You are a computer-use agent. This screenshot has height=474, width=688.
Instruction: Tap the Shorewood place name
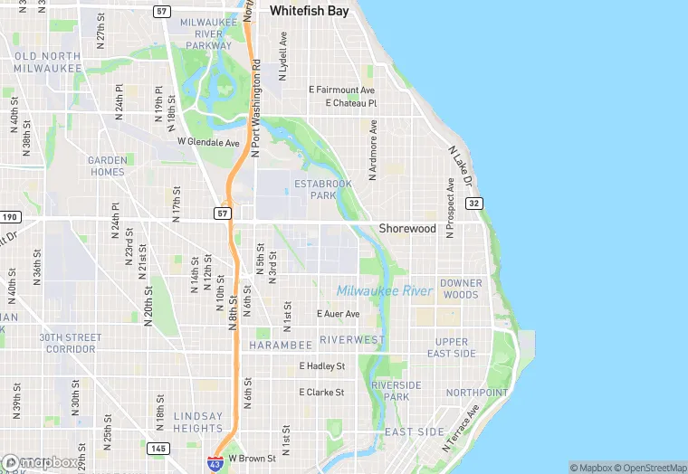pyautogui.click(x=407, y=229)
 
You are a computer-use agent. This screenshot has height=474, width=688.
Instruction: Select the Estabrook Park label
pyautogui.click(x=322, y=189)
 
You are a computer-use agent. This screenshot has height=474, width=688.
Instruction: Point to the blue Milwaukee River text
pyautogui.click(x=385, y=290)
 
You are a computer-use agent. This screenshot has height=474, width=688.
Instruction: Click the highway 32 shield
pyautogui.click(x=474, y=204)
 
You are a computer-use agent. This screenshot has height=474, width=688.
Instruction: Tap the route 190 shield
pyautogui.click(x=10, y=217)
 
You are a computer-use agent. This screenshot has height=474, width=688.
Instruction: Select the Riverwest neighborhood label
pyautogui.click(x=352, y=340)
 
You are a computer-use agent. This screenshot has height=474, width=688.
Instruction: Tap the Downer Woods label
pyautogui.click(x=461, y=289)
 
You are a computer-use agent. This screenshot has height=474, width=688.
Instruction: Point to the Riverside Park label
pyautogui.click(x=397, y=391)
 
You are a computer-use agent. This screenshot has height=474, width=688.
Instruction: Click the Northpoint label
pyautogui.click(x=477, y=393)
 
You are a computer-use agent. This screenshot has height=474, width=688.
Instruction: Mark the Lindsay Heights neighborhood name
pyautogui.click(x=197, y=422)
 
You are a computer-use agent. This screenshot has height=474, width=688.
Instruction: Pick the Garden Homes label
pyautogui.click(x=107, y=166)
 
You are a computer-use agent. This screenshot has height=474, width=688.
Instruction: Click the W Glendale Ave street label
pyautogui.click(x=208, y=142)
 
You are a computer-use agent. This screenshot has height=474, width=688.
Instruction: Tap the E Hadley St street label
pyautogui.click(x=322, y=366)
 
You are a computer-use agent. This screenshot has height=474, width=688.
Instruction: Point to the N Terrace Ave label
pyautogui.click(x=462, y=429)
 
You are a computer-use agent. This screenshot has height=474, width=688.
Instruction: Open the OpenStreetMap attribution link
pyautogui.click(x=650, y=468)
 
